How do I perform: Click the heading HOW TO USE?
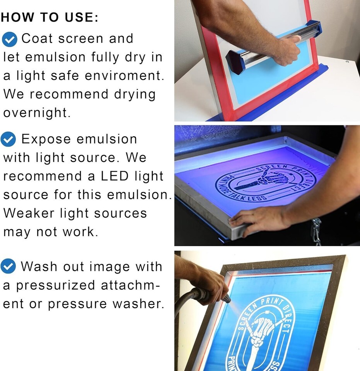click(x=49, y=17)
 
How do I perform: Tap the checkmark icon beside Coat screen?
click(x=9, y=39)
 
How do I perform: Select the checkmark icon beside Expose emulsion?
click(x=8, y=140)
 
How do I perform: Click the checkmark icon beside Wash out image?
click(x=8, y=266)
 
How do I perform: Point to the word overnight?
click(x=37, y=112)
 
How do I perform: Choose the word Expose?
click(x=46, y=140)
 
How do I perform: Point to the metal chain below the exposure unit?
click(x=316, y=232)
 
